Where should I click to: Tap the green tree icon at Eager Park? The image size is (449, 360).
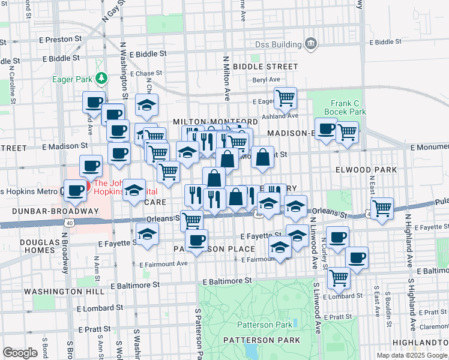coord(102,78)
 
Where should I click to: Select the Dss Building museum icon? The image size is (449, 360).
coord(311,43)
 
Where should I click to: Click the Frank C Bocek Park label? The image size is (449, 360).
coord(345,107)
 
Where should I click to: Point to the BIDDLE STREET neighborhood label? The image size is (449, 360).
coord(266,66)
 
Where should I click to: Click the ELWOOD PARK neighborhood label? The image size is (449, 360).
coord(375,170)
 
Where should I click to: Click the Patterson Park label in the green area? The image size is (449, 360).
coord(265,325)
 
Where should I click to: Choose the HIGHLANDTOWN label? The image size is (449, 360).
coord(423,341)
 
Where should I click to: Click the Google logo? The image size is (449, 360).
coord(20,353)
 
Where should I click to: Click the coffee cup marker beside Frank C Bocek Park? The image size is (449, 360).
coord(326,128)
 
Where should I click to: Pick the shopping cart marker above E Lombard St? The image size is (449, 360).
coord(339,277)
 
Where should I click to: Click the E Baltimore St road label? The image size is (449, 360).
coord(229,281)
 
